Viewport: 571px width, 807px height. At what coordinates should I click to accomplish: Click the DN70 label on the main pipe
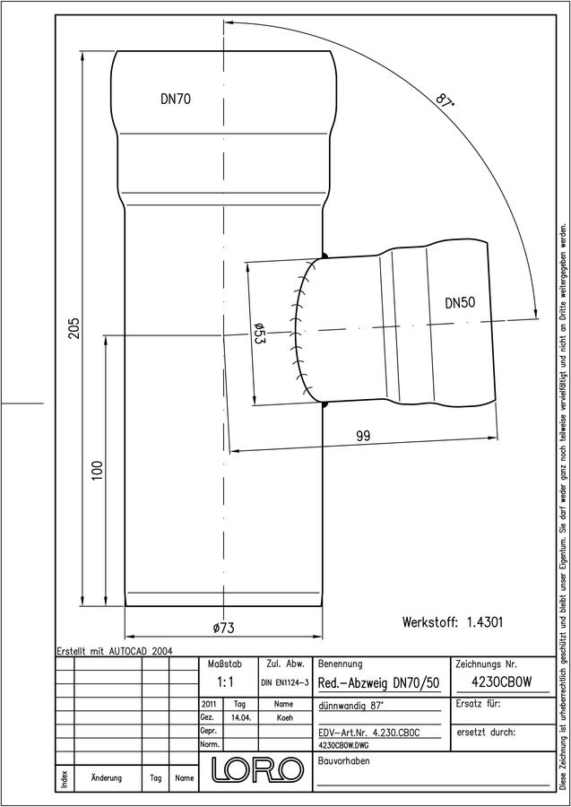click(x=176, y=99)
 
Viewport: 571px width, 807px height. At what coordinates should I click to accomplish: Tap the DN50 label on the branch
click(x=460, y=303)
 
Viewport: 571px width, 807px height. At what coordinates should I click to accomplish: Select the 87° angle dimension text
click(x=445, y=99)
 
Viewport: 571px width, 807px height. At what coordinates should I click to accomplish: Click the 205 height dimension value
click(x=74, y=328)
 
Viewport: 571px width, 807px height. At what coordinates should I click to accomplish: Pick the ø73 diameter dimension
click(x=223, y=628)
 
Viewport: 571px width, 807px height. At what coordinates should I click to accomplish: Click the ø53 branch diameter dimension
click(x=259, y=334)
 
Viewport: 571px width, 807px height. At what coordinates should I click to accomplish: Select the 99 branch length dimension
click(x=363, y=436)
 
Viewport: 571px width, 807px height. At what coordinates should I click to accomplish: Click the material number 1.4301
click(x=485, y=621)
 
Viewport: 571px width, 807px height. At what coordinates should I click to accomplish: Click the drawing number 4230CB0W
click(x=502, y=681)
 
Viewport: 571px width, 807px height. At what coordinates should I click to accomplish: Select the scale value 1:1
click(x=225, y=682)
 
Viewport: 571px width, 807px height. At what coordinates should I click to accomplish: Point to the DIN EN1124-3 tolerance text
click(x=284, y=682)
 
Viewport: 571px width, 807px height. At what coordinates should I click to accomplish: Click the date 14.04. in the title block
click(x=241, y=717)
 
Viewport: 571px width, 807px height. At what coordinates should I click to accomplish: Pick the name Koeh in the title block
click(x=283, y=717)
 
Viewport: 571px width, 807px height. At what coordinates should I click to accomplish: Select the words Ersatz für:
click(x=478, y=704)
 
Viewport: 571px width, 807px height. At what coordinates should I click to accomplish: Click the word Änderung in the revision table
click(x=106, y=777)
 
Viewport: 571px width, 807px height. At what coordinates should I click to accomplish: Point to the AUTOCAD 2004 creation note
click(x=141, y=651)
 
